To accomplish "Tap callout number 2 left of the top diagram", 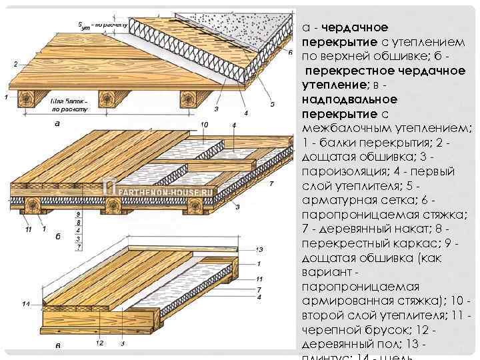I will [15, 65].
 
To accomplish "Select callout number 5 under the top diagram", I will [272, 105].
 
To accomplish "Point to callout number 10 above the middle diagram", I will [204, 125].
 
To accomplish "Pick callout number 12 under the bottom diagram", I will [99, 343].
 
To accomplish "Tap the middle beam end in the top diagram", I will [109, 99].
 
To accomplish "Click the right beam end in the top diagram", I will [189, 99].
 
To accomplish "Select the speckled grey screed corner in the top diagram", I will [267, 27].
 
